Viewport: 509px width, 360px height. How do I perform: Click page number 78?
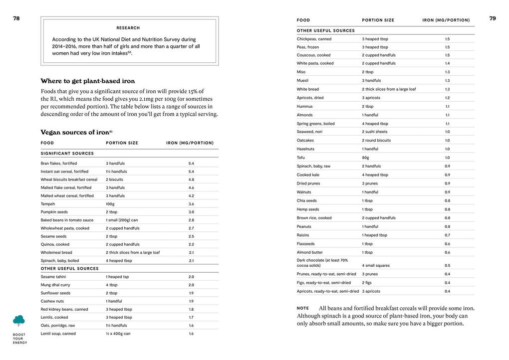(16, 18)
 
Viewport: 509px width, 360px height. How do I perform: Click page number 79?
(493, 18)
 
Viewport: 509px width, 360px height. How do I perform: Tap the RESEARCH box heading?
(128, 28)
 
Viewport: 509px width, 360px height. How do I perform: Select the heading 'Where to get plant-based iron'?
(88, 81)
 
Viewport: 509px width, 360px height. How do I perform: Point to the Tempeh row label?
(48, 204)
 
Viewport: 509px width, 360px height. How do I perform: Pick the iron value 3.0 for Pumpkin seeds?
(191, 212)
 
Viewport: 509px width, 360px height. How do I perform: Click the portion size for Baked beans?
(122, 220)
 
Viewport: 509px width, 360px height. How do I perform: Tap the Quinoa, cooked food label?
(55, 244)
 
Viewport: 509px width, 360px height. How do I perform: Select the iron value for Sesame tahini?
(191, 277)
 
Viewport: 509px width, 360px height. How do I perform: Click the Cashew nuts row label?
(52, 301)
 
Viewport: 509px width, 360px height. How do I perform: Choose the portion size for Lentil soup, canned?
(118, 334)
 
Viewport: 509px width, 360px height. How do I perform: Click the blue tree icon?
(19, 320)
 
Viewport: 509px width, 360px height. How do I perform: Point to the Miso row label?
(301, 72)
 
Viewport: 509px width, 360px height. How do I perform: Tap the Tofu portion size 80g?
(365, 158)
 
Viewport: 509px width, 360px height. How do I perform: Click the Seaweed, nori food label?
(310, 132)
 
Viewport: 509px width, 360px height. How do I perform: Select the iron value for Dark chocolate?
(447, 265)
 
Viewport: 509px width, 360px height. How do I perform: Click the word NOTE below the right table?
(303, 308)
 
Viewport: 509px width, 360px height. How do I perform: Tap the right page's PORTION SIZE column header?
(378, 20)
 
